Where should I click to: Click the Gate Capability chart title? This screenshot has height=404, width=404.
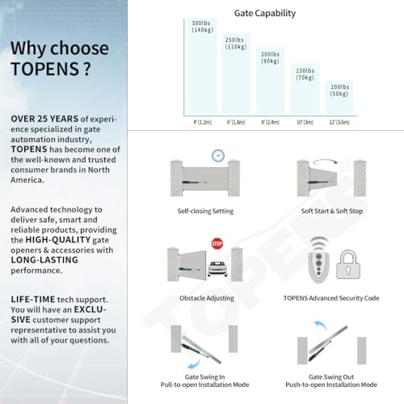(264, 13)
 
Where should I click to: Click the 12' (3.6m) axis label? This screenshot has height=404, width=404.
(339, 122)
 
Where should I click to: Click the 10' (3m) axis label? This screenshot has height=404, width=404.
(305, 122)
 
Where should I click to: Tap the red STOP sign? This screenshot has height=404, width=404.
(217, 242)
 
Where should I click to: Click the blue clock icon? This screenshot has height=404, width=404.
(217, 155)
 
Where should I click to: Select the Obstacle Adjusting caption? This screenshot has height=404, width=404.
(204, 297)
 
